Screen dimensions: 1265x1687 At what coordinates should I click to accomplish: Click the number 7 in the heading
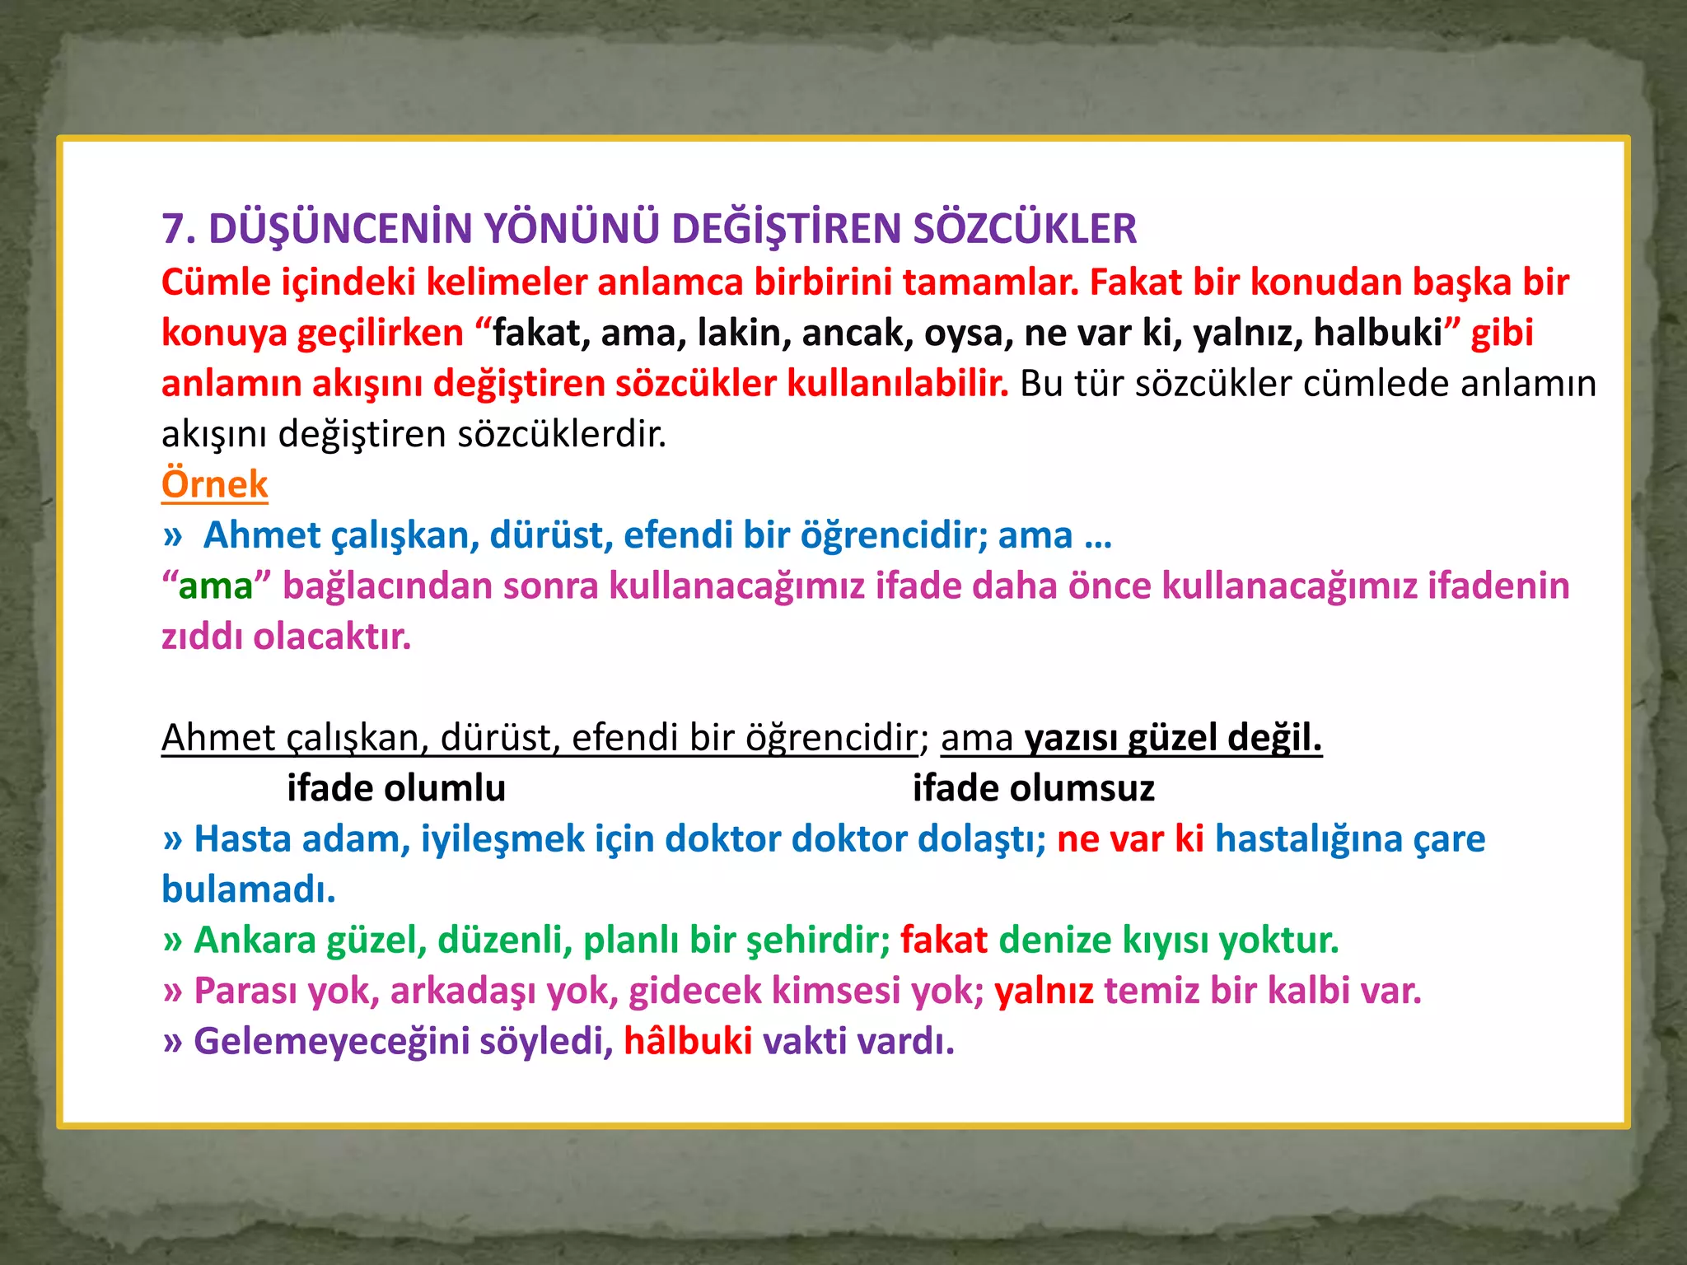click(x=174, y=229)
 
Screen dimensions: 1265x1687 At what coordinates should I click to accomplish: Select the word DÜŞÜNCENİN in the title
click(x=340, y=229)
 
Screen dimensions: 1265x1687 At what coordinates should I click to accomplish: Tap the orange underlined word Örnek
click(x=214, y=484)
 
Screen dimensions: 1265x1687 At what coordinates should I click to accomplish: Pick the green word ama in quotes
click(x=216, y=586)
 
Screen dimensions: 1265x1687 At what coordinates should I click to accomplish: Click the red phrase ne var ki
click(x=1130, y=839)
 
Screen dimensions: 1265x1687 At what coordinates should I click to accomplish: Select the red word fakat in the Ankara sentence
click(x=943, y=941)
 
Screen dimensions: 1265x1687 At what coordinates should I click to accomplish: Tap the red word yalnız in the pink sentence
click(x=1044, y=991)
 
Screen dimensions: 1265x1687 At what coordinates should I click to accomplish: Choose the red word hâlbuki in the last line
click(x=688, y=1041)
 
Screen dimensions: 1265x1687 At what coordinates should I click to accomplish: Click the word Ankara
click(x=255, y=941)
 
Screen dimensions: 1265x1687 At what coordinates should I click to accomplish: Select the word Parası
click(x=245, y=991)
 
